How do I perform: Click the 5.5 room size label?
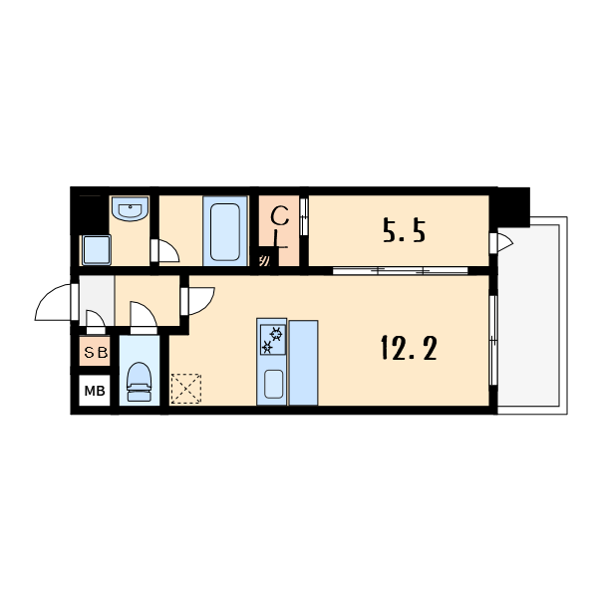point(404,230)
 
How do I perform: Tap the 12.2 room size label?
point(409,348)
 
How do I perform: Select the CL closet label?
point(279,227)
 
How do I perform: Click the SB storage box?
point(95,351)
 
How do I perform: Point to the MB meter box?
point(95,390)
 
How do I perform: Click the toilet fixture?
point(140,382)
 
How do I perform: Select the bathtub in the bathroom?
point(225,231)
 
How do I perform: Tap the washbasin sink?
point(130,209)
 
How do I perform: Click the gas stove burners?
point(273,340)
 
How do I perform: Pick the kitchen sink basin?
point(273,384)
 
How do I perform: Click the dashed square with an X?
point(186,389)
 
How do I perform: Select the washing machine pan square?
point(97,250)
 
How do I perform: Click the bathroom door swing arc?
point(169,250)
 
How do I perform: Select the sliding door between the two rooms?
point(400,271)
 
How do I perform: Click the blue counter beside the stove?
point(304,363)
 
